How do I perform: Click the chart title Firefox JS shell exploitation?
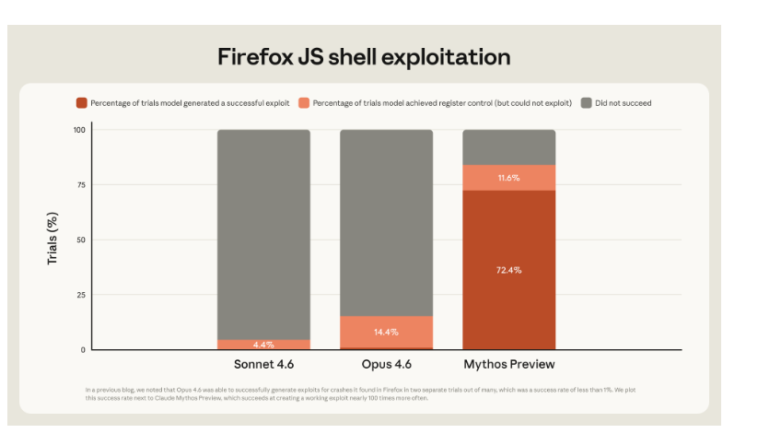364,56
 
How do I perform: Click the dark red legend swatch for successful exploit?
82,103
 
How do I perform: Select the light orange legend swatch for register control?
304,103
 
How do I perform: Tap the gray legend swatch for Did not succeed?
586,103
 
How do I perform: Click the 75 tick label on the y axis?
80,185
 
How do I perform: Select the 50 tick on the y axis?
80,240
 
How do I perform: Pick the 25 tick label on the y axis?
80,295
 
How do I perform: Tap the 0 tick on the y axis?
82,350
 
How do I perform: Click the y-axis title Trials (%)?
52,240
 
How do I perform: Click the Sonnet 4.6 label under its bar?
263,364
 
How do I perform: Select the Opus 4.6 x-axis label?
386,364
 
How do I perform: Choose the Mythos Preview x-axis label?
508,364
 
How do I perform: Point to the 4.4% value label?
263,345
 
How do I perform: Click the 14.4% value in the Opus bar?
386,331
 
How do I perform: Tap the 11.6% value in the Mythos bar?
508,178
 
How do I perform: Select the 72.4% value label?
508,270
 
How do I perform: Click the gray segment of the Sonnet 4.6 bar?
263,230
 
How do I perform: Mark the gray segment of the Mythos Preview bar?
508,146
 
